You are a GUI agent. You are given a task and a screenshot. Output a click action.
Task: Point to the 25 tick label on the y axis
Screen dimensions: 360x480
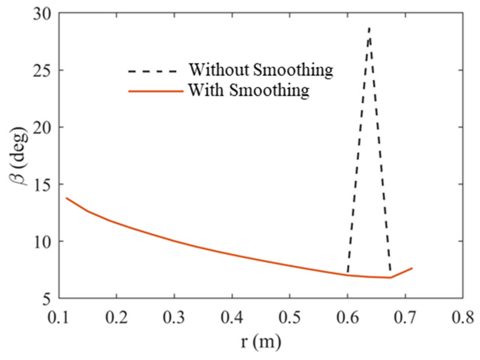tap(43, 70)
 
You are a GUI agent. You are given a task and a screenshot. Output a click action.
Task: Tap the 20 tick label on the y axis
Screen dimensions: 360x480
tap(43, 128)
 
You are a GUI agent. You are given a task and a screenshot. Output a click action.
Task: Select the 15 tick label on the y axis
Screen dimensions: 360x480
tap(43, 184)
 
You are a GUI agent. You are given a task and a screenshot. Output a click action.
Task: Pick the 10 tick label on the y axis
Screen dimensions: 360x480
tap(43, 242)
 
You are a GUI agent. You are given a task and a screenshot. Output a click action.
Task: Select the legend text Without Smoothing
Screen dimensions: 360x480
tap(261, 70)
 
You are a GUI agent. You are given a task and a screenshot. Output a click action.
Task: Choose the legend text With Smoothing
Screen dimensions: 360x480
tap(249, 90)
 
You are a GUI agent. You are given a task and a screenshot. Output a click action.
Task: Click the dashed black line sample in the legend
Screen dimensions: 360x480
tap(153, 71)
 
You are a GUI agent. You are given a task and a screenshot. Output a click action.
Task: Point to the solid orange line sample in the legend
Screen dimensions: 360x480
tap(156, 92)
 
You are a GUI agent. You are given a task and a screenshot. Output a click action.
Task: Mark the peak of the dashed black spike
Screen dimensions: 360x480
tap(369, 27)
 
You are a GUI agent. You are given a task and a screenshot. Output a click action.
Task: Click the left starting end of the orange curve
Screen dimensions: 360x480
tap(66, 198)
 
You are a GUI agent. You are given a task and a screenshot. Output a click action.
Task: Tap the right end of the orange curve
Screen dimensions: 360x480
tap(412, 268)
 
